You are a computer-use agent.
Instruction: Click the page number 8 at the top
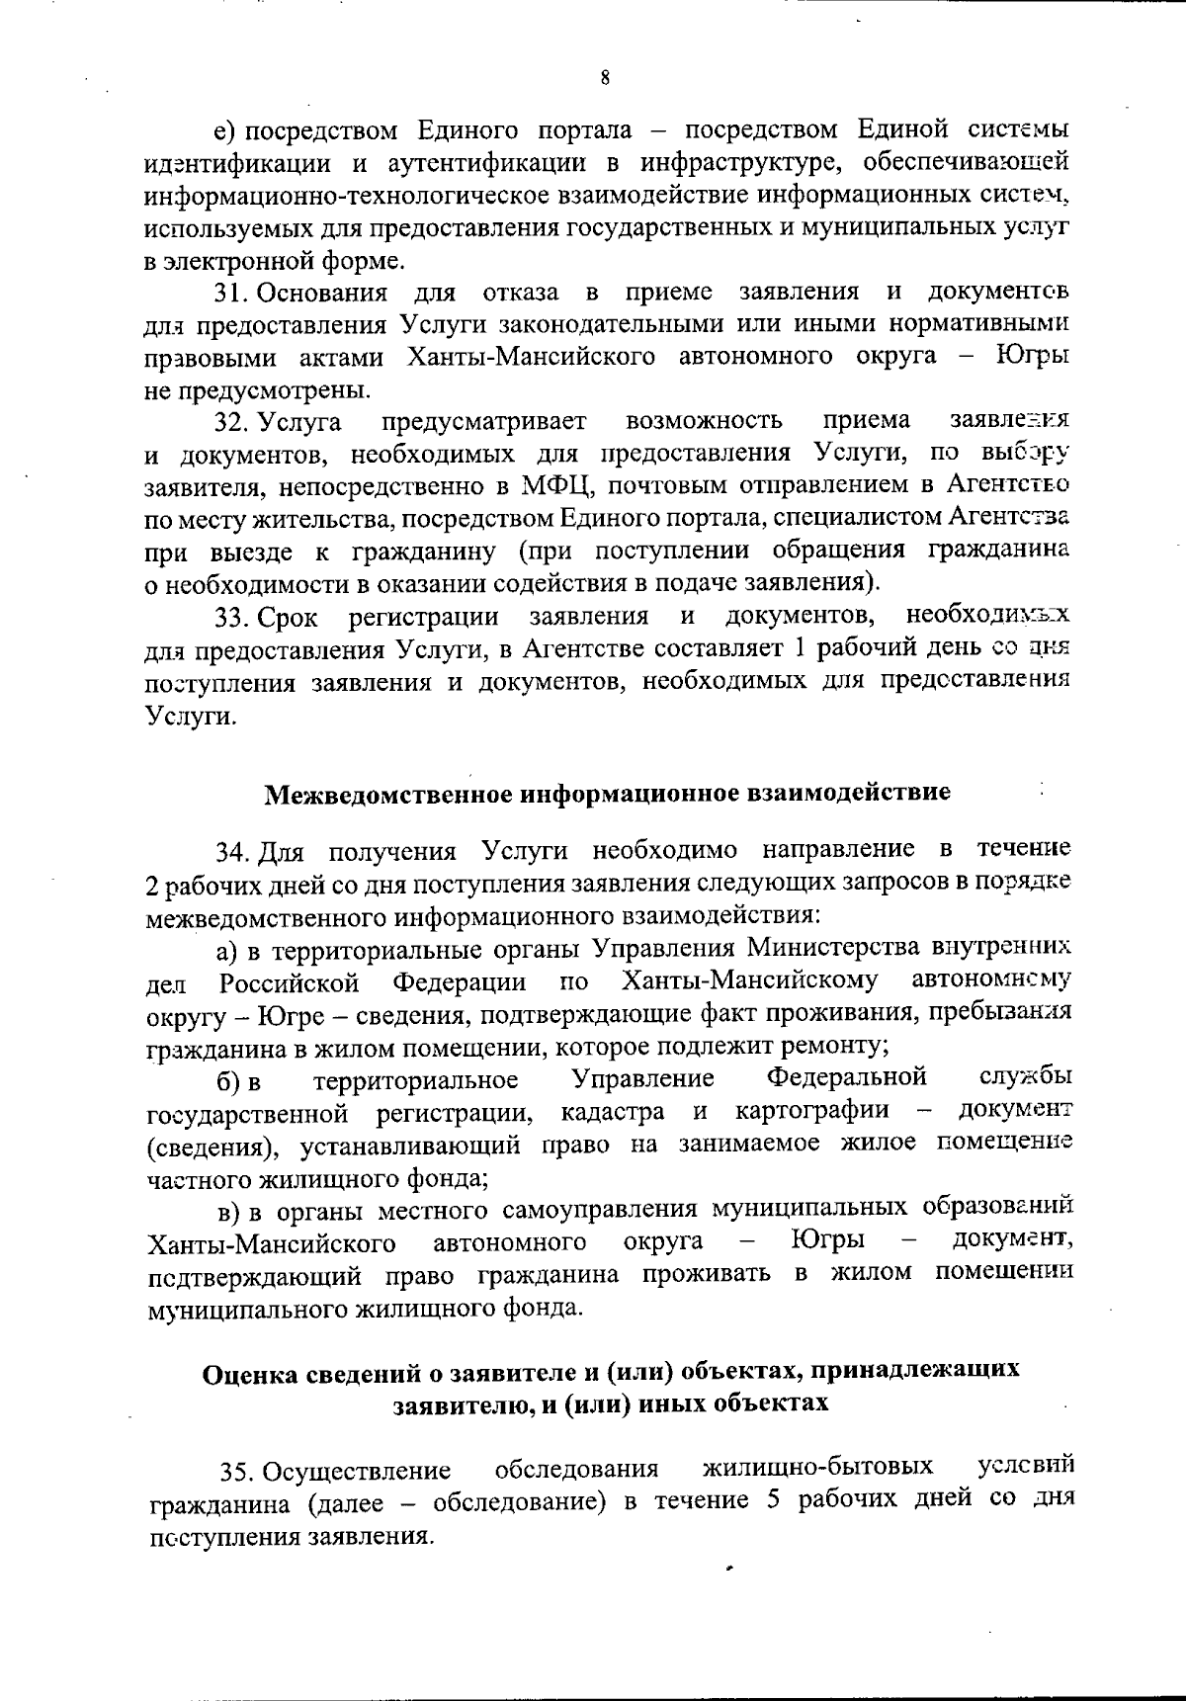click(603, 77)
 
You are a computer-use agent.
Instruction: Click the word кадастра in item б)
click(612, 1113)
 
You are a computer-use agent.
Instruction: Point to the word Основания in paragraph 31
click(326, 294)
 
